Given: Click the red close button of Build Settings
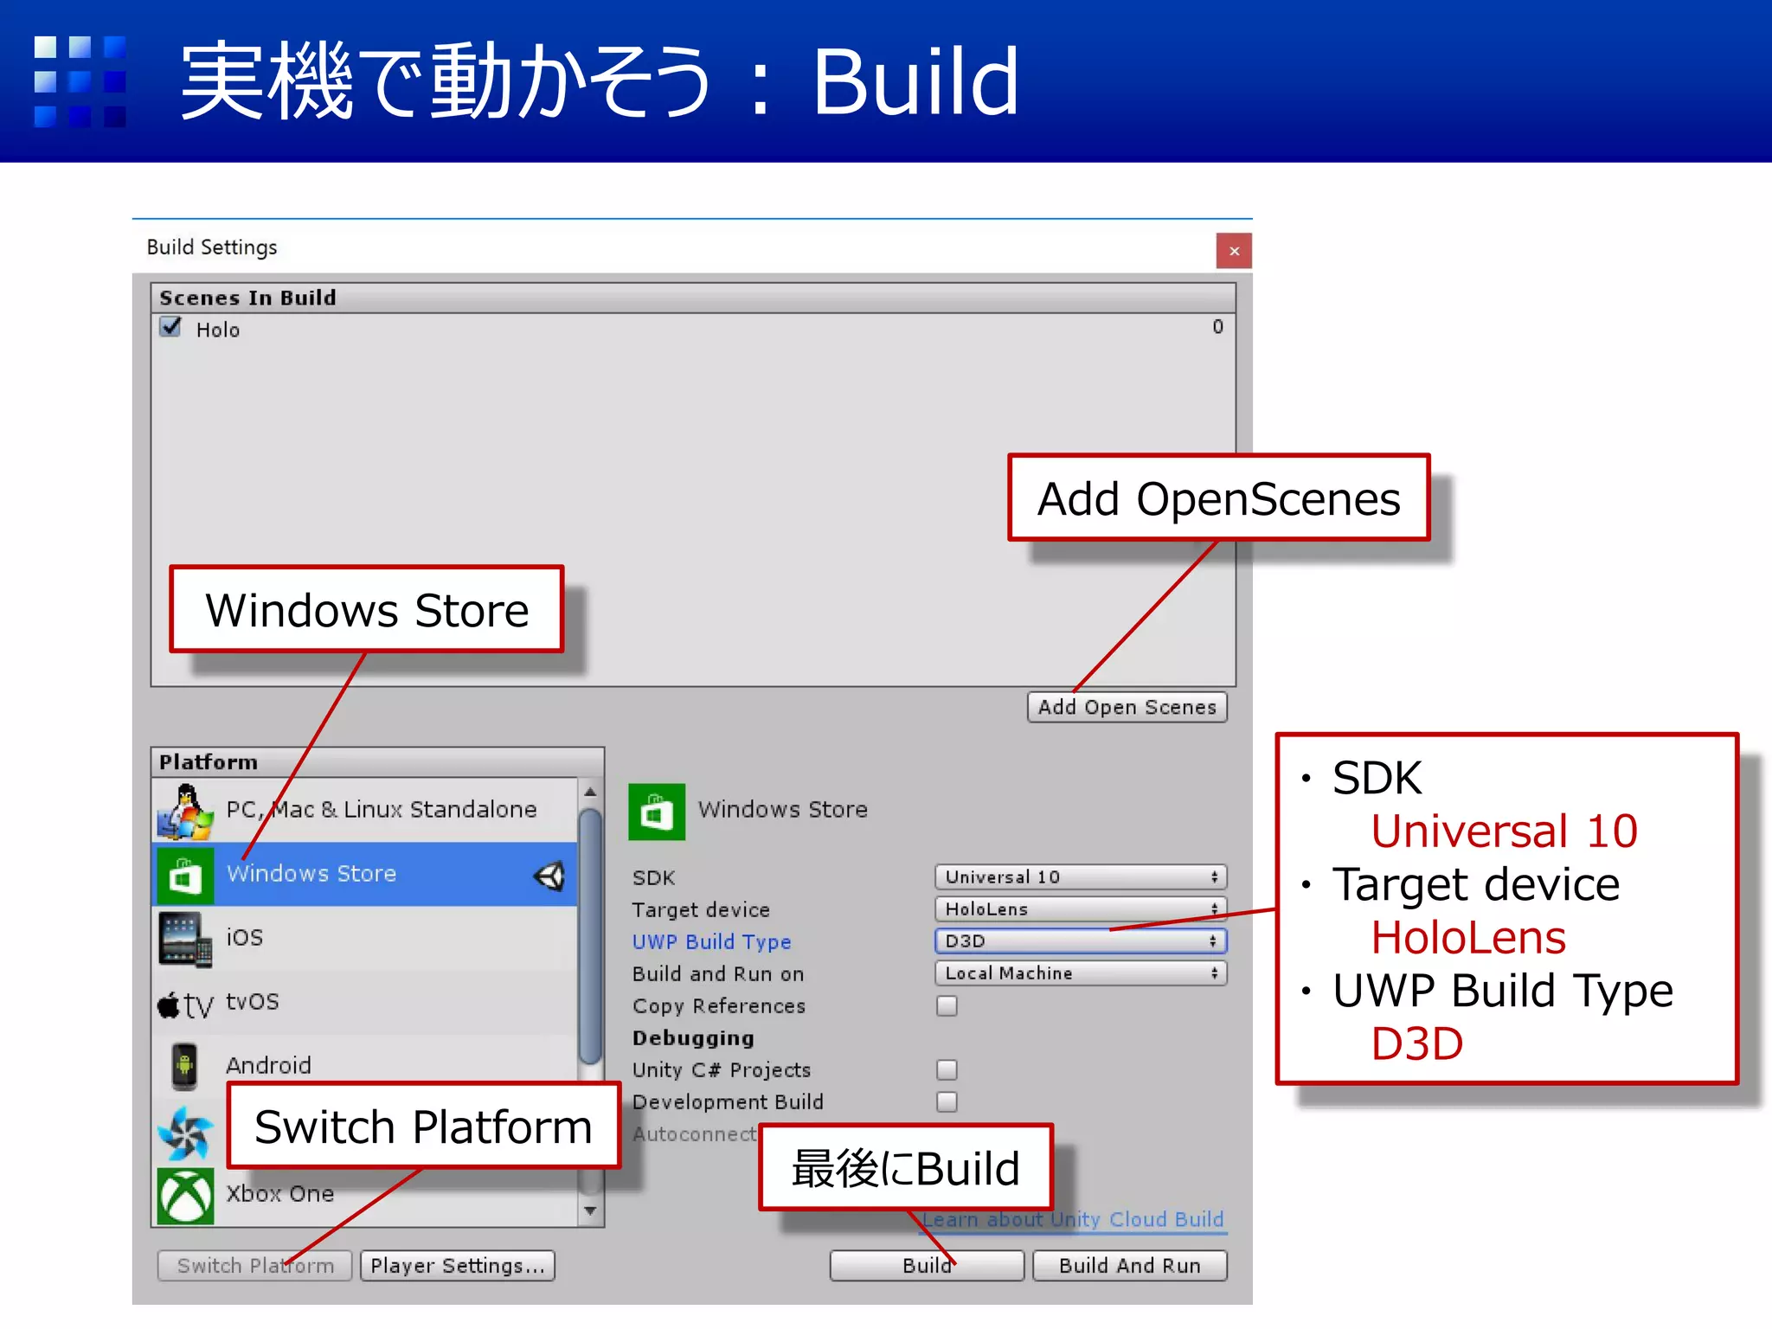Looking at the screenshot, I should coord(1233,251).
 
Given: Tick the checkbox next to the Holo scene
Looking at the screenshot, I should coord(171,327).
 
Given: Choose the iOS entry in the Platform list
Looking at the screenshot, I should coord(244,937).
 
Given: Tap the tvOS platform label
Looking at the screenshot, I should coord(252,1001).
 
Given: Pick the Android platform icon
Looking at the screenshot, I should coord(184,1065).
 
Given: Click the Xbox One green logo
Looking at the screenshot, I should coord(185,1196).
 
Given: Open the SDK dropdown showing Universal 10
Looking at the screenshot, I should coord(1080,876).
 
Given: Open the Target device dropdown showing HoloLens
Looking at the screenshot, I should coord(1080,908).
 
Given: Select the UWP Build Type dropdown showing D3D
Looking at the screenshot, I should coord(1080,941).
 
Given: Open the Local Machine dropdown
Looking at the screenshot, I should coord(1080,973).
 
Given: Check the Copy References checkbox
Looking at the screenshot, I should coord(947,1005).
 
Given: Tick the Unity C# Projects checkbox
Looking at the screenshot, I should coord(947,1069).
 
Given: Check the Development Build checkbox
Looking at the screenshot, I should coord(947,1101).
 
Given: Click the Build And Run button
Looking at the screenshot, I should coord(1129,1265).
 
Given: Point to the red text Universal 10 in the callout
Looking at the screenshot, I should coord(1504,831).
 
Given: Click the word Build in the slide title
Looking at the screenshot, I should coord(915,82).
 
